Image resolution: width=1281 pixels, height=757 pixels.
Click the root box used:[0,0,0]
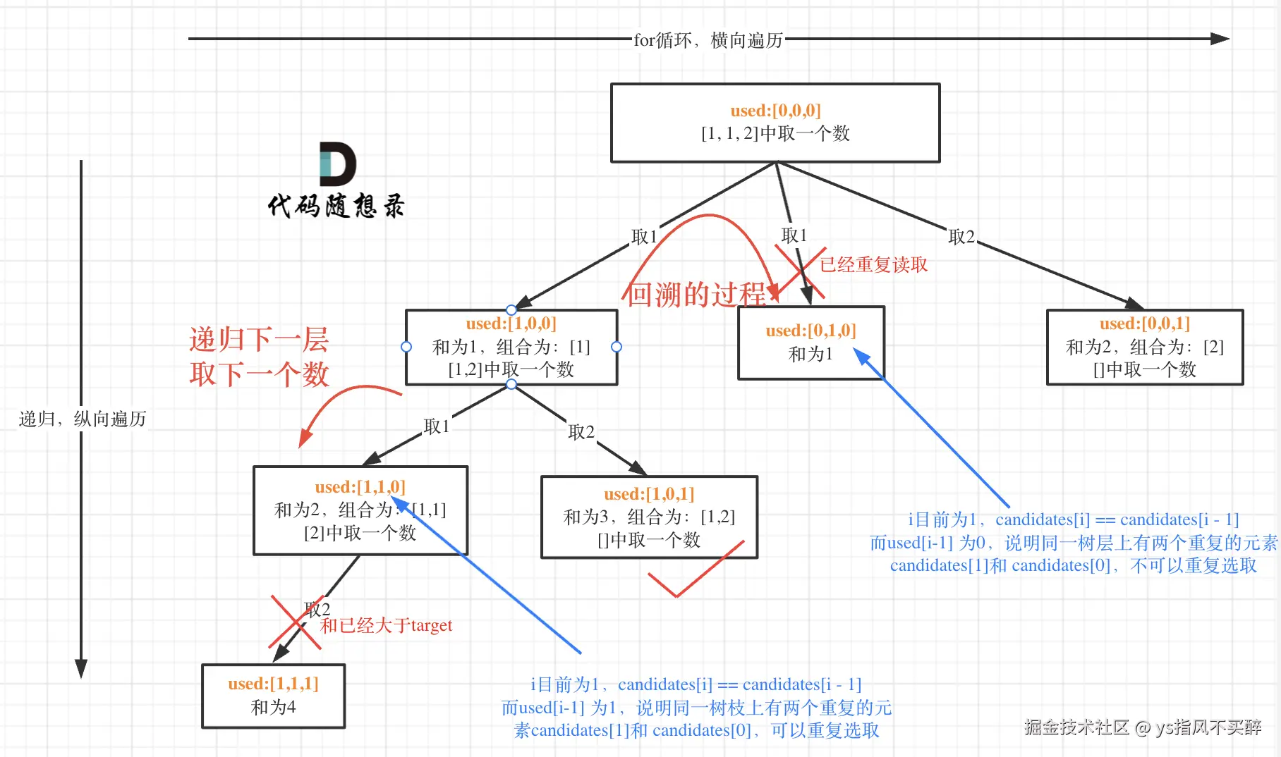775,123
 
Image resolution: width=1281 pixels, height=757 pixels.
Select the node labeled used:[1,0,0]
511,347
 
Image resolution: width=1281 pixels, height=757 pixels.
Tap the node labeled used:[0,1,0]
811,343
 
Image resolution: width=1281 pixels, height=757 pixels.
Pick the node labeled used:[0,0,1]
1145,347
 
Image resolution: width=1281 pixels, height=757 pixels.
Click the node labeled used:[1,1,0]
360,510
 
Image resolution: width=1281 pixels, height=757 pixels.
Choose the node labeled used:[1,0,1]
649,517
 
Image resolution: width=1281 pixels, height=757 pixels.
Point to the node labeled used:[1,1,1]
274,696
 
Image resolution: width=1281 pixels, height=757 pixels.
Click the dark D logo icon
338,164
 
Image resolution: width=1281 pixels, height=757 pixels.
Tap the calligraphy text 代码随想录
336,206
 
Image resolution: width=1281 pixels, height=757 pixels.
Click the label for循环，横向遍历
708,40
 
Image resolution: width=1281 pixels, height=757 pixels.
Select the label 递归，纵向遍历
83,419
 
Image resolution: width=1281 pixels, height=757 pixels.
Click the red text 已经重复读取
873,264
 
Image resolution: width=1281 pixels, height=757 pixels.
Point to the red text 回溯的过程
696,295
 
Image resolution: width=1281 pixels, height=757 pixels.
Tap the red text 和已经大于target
387,625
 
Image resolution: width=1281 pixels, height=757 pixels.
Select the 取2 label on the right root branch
961,237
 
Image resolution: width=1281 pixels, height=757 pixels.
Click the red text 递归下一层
259,340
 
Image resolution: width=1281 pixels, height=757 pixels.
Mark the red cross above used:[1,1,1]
296,622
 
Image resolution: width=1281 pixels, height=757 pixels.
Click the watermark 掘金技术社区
1076,727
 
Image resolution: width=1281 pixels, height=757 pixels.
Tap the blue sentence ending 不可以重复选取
1074,565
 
